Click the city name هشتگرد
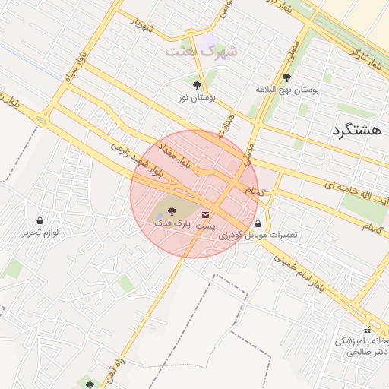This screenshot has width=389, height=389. point(356,131)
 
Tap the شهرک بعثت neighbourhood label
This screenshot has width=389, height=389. point(201,51)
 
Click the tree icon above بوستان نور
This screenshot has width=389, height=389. point(198,86)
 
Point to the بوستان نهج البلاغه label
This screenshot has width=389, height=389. point(287,90)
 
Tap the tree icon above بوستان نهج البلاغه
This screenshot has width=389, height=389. point(286,77)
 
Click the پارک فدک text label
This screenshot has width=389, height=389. point(171,223)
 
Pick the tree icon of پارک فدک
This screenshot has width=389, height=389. point(171,210)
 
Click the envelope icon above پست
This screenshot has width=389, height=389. point(206,215)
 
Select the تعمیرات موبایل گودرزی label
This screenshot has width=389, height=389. point(258,236)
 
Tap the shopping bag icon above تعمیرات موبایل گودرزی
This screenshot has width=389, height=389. point(260,223)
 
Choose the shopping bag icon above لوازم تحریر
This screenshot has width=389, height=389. point(40,220)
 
